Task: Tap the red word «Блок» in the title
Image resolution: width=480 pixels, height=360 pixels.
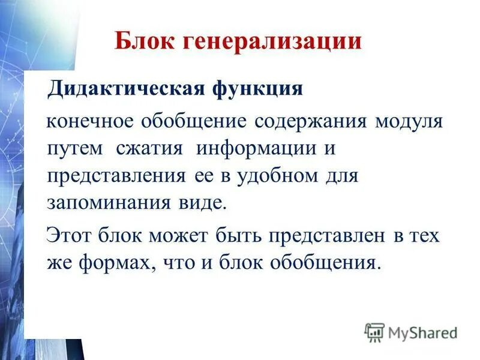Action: pyautogui.click(x=143, y=42)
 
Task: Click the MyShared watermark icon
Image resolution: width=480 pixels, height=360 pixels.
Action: pyautogui.click(x=374, y=332)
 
